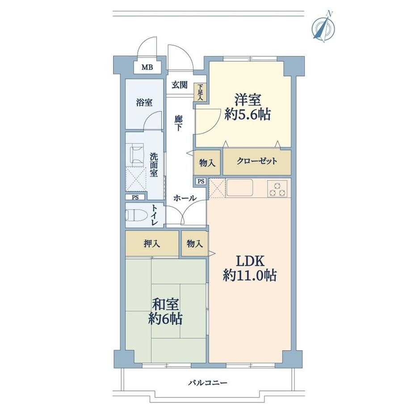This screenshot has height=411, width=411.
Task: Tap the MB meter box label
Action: click(147, 67)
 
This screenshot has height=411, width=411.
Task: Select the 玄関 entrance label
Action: click(180, 85)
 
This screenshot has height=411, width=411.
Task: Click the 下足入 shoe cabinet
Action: click(200, 92)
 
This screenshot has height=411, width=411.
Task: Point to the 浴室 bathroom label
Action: click(144, 102)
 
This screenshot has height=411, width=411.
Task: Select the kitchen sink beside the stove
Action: click(239, 188)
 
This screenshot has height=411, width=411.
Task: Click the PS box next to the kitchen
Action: click(201, 181)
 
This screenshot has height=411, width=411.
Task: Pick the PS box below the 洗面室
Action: click(135, 197)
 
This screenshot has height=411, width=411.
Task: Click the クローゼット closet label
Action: click(257, 161)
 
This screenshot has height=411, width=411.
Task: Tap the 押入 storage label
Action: click(152, 244)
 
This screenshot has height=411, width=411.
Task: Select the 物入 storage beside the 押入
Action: click(195, 244)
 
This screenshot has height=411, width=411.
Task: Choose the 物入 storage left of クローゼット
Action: click(207, 163)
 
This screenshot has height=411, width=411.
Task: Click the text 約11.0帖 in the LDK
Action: click(250, 276)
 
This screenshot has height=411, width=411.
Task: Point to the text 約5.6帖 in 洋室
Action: click(247, 114)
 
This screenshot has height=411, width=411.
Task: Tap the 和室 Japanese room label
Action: click(165, 304)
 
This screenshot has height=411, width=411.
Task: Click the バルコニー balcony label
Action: click(208, 383)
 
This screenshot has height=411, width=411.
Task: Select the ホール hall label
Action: click(185, 198)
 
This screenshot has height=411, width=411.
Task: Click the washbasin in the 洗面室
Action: click(136, 154)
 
